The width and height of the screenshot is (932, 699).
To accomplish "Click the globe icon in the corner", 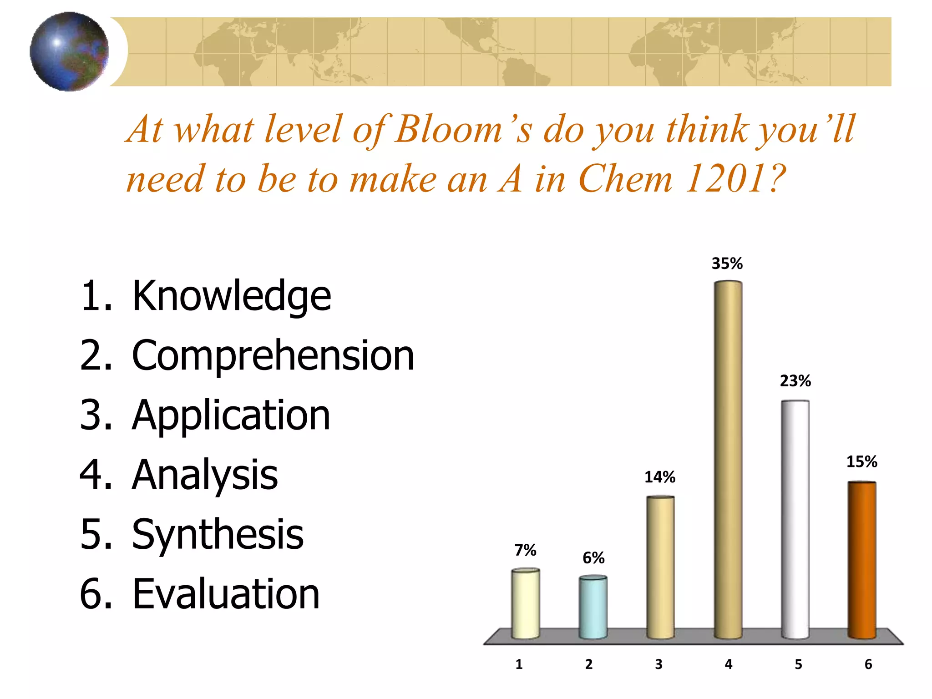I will pyautogui.click(x=69, y=51).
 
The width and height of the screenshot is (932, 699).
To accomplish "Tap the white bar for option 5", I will pyautogui.click(x=795, y=519).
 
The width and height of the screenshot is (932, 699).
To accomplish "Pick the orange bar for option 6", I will pyautogui.click(x=861, y=559).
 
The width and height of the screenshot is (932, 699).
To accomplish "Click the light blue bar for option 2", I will pyautogui.click(x=593, y=607).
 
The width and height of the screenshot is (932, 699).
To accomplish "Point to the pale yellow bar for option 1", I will pyautogui.click(x=526, y=603).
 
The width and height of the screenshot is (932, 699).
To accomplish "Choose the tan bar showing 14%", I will pyautogui.click(x=660, y=567).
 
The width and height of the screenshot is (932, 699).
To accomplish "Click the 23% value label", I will pyautogui.click(x=795, y=381).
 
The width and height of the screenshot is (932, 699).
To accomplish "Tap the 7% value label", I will pyautogui.click(x=525, y=550).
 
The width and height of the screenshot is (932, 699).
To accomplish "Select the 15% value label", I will pyautogui.click(x=861, y=462).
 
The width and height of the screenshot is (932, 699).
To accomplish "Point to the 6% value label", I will pyautogui.click(x=593, y=558).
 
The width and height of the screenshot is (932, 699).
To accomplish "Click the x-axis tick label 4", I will pyautogui.click(x=728, y=664).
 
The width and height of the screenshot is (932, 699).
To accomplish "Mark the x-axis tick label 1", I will pyautogui.click(x=519, y=664).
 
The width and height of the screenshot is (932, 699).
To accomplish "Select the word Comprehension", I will pyautogui.click(x=273, y=356).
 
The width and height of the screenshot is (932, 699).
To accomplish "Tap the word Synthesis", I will pyautogui.click(x=218, y=535).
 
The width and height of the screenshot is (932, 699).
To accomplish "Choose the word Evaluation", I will pyautogui.click(x=226, y=594).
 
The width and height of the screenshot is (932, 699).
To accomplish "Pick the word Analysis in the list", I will pyautogui.click(x=205, y=475).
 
